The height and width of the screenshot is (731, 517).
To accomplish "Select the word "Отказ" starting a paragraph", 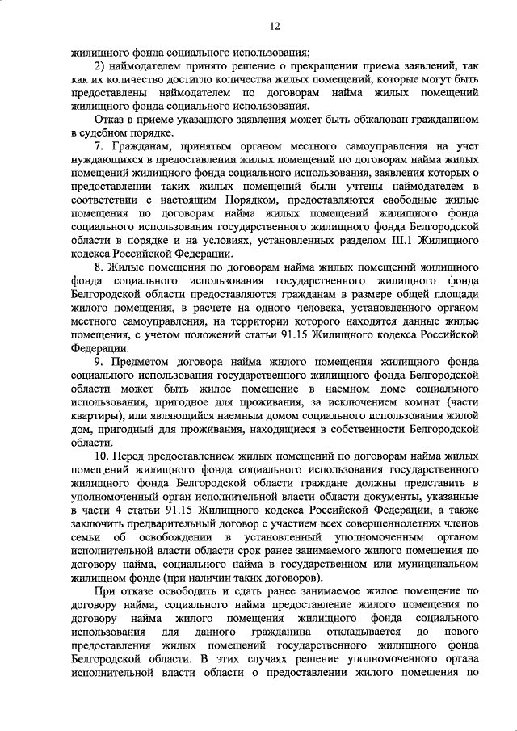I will (111, 119).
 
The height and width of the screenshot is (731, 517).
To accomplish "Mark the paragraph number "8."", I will (100, 264).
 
